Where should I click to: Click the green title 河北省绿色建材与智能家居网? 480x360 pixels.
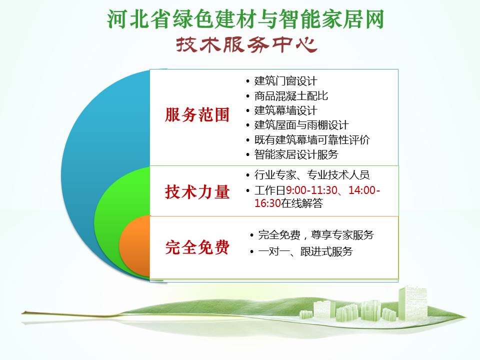pos(245,19)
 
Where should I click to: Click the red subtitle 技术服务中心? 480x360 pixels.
pos(246,45)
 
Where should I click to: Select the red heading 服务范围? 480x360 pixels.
pos(197,115)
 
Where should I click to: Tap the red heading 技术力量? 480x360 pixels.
pos(197,192)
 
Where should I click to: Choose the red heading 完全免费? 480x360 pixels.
pos(197,247)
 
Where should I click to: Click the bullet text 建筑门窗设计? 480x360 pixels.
pos(285,81)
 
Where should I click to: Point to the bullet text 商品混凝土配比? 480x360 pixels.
pos(291,96)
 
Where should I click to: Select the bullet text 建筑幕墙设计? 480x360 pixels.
pos(285,110)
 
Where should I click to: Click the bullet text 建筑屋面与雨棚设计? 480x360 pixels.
pos(301,125)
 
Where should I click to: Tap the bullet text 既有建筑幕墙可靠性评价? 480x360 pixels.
pos(312,139)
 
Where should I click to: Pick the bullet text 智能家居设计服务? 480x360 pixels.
pos(296,154)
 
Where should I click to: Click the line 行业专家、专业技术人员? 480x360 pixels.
pos(312,175)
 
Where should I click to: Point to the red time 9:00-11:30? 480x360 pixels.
pos(311,190)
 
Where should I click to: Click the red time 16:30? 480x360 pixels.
pos(267,203)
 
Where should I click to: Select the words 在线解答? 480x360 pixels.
pos(302,203)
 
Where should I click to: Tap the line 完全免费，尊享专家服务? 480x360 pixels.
pos(316,235)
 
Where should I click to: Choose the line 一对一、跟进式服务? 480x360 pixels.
pos(305,251)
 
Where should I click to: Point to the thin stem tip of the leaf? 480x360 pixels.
pos(22,313)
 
